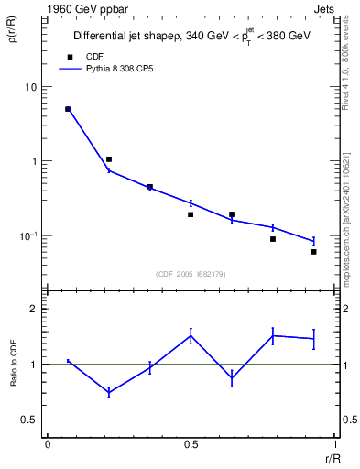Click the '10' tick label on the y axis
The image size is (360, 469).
tap(30, 87)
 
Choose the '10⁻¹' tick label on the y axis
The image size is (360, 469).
tap(28, 235)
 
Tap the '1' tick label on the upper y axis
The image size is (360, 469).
tap(34, 161)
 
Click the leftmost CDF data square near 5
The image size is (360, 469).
tap(68, 109)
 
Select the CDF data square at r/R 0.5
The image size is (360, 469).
tap(191, 214)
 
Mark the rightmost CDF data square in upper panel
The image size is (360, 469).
tap(313, 251)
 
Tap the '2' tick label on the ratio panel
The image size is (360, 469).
tap(34, 309)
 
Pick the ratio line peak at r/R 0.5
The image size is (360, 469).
tap(191, 335)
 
